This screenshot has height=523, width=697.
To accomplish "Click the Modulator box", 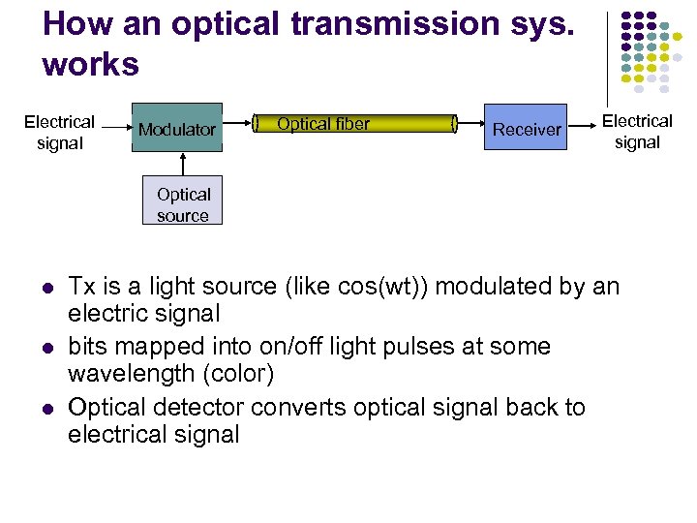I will point(177,128).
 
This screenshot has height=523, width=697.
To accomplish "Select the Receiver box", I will point(527,128).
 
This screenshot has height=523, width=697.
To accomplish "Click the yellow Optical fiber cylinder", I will point(354,123).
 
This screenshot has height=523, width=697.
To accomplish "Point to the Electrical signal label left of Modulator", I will point(59,133).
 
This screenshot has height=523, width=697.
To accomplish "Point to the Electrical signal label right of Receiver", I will point(637,132).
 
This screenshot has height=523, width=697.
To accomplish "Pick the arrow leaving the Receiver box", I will point(581,124).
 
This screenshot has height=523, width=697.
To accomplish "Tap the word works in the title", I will point(91,65).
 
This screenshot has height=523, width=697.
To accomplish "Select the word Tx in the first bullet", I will point(81,287).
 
